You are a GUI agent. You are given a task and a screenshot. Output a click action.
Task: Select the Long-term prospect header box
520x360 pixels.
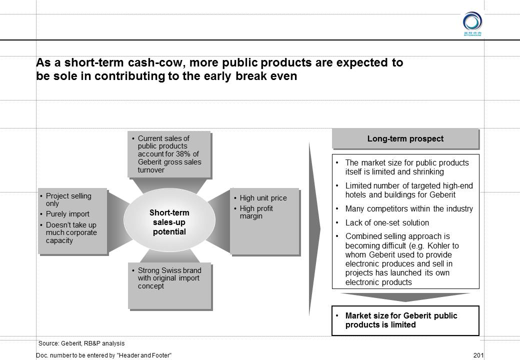click(x=405, y=138)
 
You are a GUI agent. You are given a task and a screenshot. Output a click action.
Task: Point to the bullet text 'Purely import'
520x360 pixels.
click(x=67, y=214)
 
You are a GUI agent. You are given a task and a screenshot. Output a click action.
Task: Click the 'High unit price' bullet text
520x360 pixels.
click(x=263, y=198)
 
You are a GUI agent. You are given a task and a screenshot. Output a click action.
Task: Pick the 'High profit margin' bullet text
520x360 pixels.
click(x=256, y=212)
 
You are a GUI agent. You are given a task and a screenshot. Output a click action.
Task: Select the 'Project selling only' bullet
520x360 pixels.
click(x=68, y=199)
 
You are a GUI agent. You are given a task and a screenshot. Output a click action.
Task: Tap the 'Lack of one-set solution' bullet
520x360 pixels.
click(x=387, y=223)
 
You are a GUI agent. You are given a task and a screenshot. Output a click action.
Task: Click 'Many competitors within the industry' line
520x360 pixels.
click(x=409, y=209)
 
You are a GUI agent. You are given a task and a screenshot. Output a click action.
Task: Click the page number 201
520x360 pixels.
click(x=478, y=355)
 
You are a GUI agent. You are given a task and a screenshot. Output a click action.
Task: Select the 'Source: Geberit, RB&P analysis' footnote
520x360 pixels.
click(x=81, y=343)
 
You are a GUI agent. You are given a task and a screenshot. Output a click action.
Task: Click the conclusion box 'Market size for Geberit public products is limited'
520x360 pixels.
click(x=405, y=320)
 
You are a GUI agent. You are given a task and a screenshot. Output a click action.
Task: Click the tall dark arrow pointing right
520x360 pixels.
click(x=315, y=228)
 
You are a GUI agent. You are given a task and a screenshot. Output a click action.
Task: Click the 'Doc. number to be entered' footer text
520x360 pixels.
click(x=104, y=355)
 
